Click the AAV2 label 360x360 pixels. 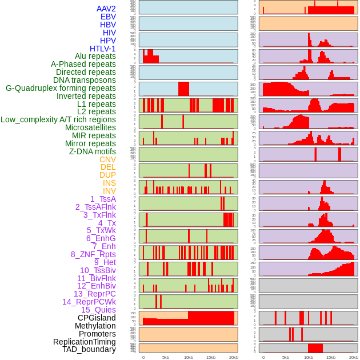click(x=106, y=9)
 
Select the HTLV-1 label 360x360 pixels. click(x=103, y=49)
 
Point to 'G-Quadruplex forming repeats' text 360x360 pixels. click(x=61, y=88)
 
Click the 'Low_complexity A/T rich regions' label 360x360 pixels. click(x=58, y=119)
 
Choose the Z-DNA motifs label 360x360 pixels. click(x=92, y=151)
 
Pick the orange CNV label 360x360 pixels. click(x=107, y=159)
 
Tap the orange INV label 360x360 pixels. click(x=109, y=191)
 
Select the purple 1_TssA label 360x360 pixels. click(x=103, y=199)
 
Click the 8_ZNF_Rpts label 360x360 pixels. click(x=93, y=254)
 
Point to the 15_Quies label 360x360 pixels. click(x=98, y=310)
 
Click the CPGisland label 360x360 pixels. click(x=97, y=318)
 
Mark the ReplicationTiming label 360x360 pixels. click(x=85, y=342)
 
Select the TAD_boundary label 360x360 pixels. click(x=89, y=349)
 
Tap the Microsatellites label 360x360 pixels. click(x=90, y=127)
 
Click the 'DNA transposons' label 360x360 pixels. click(x=85, y=80)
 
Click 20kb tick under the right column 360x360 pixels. click(x=354, y=357)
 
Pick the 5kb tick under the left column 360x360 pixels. click(x=166, y=357)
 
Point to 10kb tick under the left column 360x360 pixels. click(x=189, y=357)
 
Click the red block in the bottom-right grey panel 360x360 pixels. click(x=315, y=348)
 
